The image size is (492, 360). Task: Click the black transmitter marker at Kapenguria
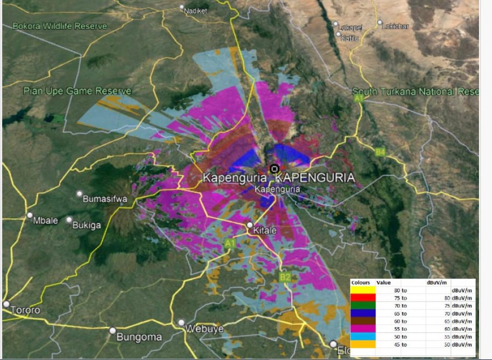point(274,169)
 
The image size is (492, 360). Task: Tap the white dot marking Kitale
point(250,225)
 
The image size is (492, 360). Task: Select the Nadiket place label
point(196,11)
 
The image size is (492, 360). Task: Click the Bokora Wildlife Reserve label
point(59,26)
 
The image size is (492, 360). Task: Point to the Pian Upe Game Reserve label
point(77,91)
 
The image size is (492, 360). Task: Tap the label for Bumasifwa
point(105,199)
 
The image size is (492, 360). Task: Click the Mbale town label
point(46,221)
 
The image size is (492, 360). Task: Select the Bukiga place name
point(87,225)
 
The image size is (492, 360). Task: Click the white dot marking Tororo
point(6,304)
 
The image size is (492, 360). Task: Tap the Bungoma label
point(139,337)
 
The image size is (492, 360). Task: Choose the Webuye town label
point(204,329)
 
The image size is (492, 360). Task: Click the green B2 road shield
point(285,278)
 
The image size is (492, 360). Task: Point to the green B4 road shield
point(380,153)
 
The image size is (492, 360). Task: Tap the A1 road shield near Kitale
point(230,244)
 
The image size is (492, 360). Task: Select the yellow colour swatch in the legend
point(362,290)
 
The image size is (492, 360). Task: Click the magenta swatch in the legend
point(362,329)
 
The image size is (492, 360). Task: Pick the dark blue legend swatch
point(362,313)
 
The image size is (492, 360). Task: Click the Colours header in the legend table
point(361,283)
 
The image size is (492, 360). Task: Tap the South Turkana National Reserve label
point(415,91)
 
